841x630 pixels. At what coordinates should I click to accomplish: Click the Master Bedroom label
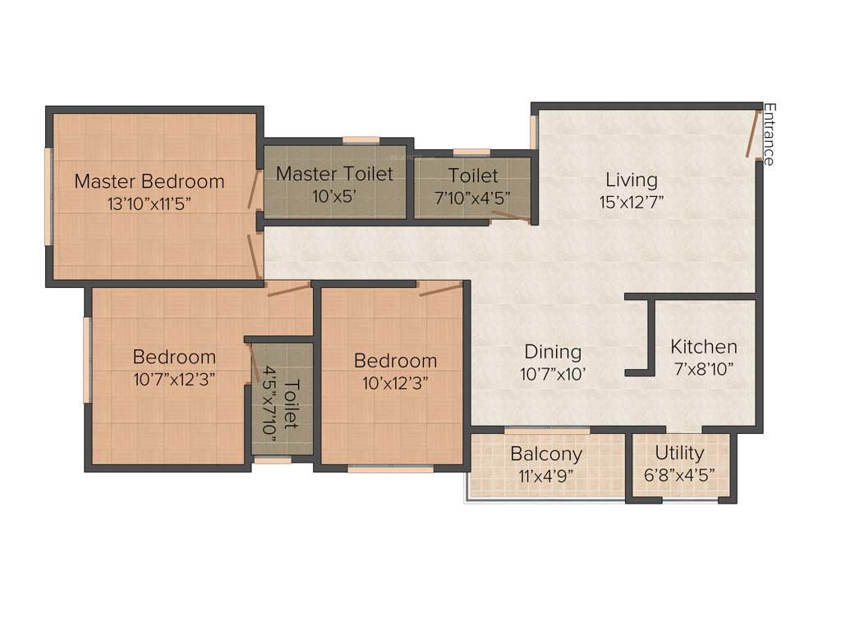point(149,181)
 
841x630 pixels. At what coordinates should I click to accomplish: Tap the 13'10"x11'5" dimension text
point(149,204)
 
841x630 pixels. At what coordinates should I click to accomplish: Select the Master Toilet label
point(334,174)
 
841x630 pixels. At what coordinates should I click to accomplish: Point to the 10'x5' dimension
point(334,197)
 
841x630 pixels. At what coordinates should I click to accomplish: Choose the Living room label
point(632,180)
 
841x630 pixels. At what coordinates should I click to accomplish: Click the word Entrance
point(770,134)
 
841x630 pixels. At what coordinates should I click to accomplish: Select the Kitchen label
point(704,346)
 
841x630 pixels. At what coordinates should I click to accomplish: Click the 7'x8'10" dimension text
point(704,368)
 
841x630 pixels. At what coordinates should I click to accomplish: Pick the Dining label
point(553,352)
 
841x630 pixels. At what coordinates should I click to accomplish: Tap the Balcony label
point(546,454)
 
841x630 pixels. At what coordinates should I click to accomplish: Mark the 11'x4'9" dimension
point(546,475)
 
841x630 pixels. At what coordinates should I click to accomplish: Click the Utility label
point(680,453)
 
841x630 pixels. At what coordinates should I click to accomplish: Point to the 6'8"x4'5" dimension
point(680,475)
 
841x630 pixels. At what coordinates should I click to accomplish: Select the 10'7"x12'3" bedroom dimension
point(174,380)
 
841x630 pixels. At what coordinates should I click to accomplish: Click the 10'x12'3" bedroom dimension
point(395,382)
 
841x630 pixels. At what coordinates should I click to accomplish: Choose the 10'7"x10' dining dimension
point(553,374)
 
